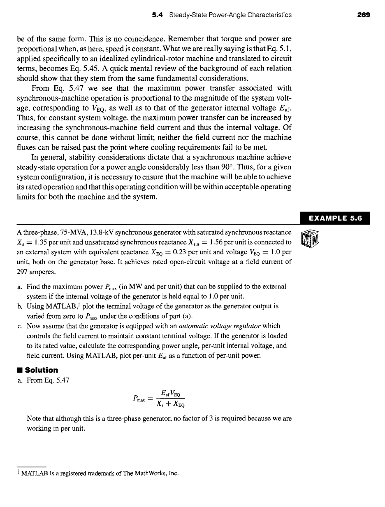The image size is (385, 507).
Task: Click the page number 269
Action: [x=364, y=15]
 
